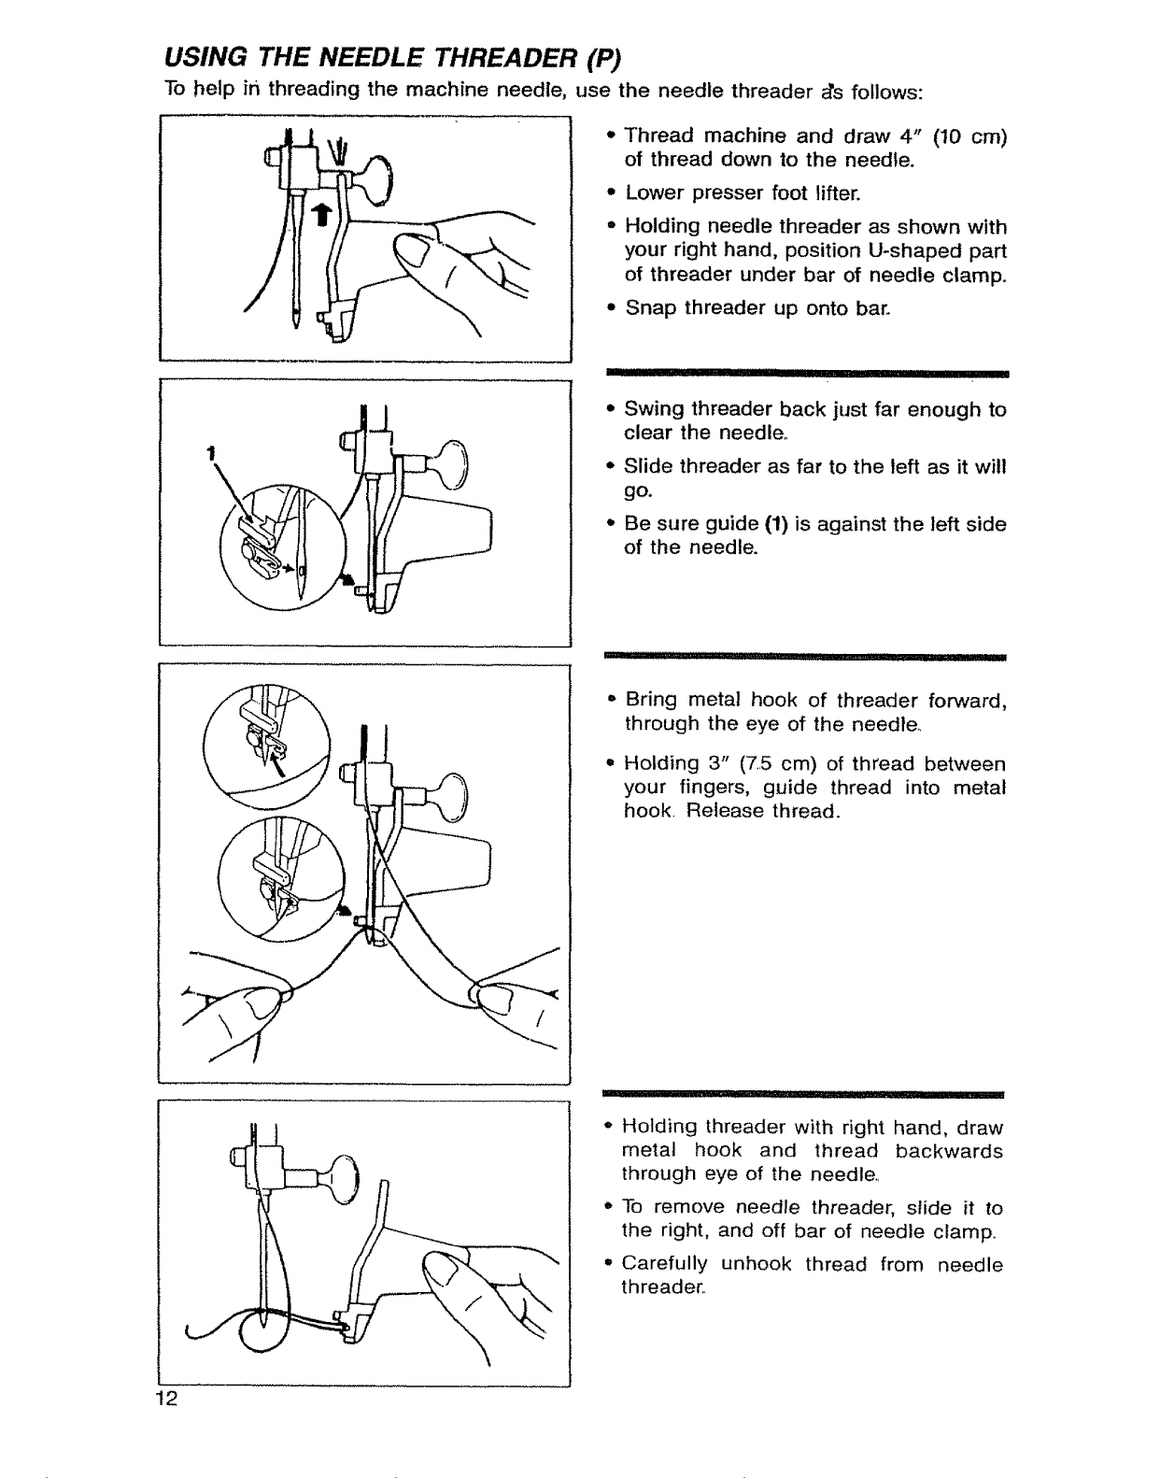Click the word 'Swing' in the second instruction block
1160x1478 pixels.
(650, 409)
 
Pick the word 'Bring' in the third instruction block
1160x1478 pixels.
(652, 700)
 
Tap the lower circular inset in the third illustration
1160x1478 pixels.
(274, 878)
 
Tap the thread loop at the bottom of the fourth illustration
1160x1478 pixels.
(260, 1329)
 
